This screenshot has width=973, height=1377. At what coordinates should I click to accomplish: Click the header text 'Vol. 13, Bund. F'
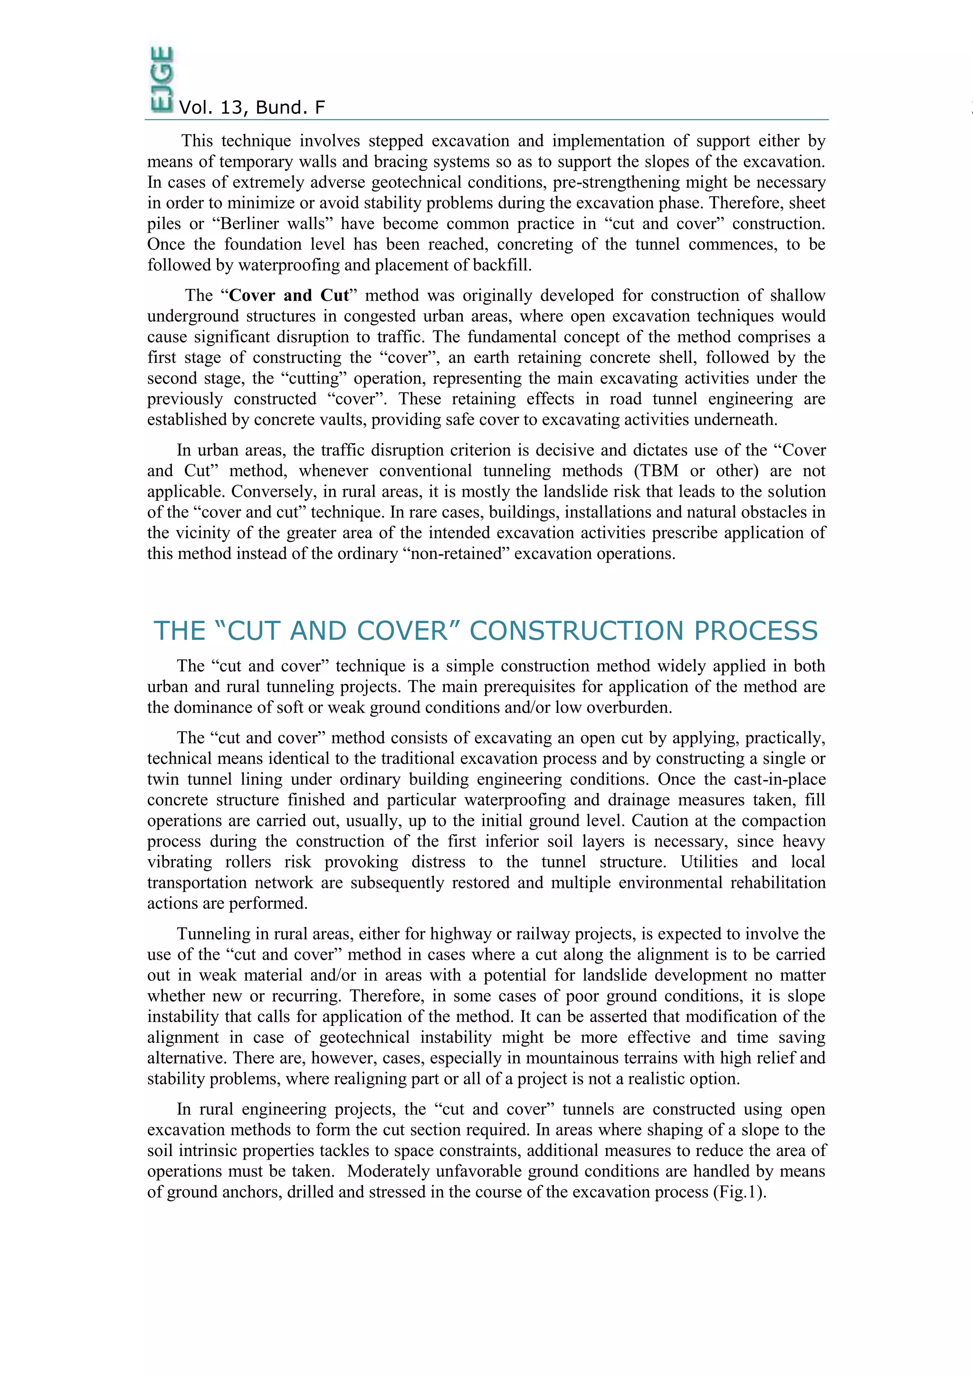(252, 107)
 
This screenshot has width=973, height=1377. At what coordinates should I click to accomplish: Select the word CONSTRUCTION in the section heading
(576, 631)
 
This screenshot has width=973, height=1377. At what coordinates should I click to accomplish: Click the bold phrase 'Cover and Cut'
(288, 295)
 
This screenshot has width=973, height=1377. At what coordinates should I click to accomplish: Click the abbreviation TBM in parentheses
(659, 471)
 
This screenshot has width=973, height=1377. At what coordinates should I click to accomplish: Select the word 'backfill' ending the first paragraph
(501, 265)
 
